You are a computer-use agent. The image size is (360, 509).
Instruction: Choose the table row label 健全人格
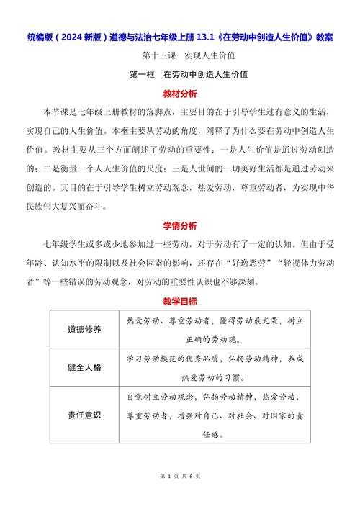point(84,366)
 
